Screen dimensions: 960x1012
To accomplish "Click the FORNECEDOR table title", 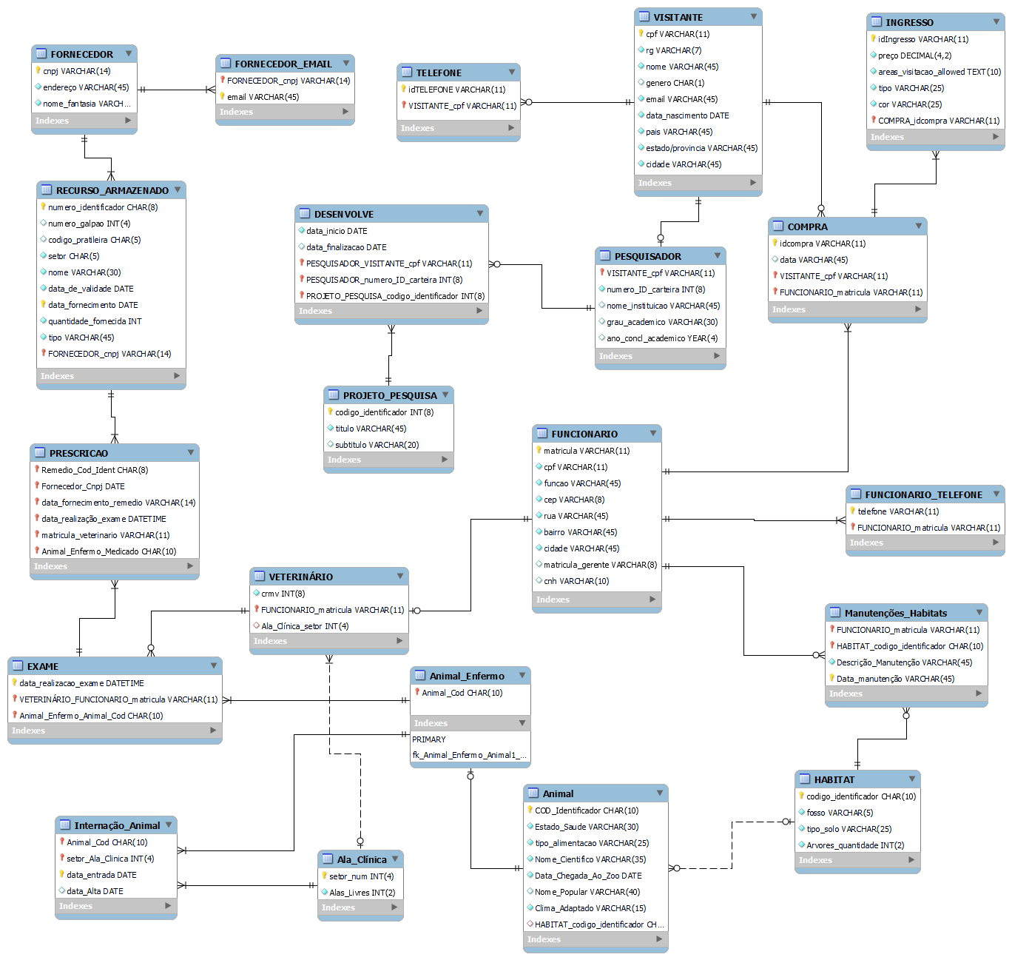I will pos(81,54).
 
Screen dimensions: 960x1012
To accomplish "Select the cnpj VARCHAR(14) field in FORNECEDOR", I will pos(76,71).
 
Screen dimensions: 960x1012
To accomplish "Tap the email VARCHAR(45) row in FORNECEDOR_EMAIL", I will pos(263,97).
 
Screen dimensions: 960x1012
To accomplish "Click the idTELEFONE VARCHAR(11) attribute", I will pos(456,90).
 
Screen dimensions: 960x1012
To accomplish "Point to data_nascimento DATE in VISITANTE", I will pos(687,115).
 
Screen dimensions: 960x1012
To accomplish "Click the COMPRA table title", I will pos(807,226).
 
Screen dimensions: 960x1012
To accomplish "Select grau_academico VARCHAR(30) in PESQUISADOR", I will pos(662,322).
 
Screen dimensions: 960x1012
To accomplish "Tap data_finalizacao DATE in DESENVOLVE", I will pos(346,247).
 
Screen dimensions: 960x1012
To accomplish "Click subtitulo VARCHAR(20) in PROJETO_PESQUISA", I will pos(377,445).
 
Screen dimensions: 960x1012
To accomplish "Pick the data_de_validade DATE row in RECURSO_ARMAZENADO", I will pos(91,289).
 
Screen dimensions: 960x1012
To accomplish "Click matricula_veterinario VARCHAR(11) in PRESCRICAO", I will pos(105,535).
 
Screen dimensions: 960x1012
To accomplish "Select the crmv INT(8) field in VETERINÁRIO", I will pos(283,594).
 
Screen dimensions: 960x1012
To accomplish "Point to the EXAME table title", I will pos(43,666).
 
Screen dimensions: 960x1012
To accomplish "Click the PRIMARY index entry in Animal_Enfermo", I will pos(429,739).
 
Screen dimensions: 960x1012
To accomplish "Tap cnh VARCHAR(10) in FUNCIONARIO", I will pos(576,581).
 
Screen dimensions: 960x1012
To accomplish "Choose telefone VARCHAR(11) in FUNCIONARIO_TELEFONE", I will pos(898,511).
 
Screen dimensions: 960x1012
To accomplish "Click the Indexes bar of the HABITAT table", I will pos(857,860).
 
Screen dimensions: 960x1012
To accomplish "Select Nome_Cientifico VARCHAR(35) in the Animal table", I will pos(590,859).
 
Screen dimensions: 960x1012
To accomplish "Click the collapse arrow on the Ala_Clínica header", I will pos(395,859).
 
